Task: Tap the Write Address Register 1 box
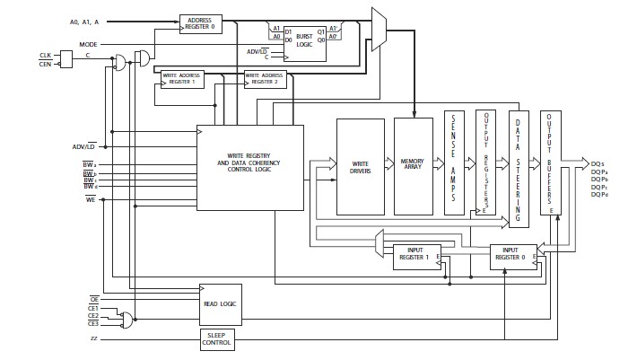click(x=182, y=78)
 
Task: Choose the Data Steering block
click(x=518, y=167)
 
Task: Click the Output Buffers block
click(x=551, y=163)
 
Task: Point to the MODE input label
click(x=88, y=43)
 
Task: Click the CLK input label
click(x=46, y=55)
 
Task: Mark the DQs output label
click(x=597, y=162)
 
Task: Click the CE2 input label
click(x=92, y=316)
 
